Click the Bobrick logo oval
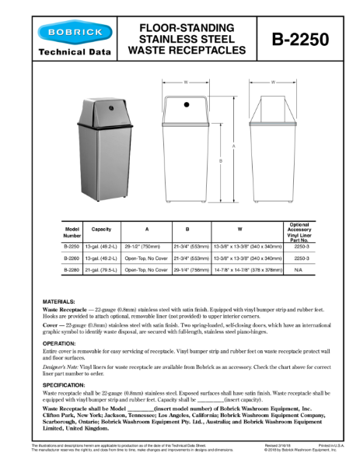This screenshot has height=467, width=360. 68,33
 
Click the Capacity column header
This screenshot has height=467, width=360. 101,230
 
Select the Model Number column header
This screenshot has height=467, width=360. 72,231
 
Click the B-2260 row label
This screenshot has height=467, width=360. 72,257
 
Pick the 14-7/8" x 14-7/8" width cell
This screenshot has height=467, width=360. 247,269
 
